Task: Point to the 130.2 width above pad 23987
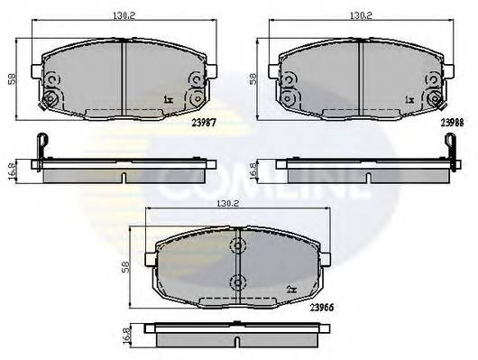tap(124, 15)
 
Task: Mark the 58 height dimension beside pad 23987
tap(11, 79)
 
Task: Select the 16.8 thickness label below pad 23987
tap(10, 169)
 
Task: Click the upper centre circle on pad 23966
tap(237, 247)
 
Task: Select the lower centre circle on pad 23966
tap(237, 282)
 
